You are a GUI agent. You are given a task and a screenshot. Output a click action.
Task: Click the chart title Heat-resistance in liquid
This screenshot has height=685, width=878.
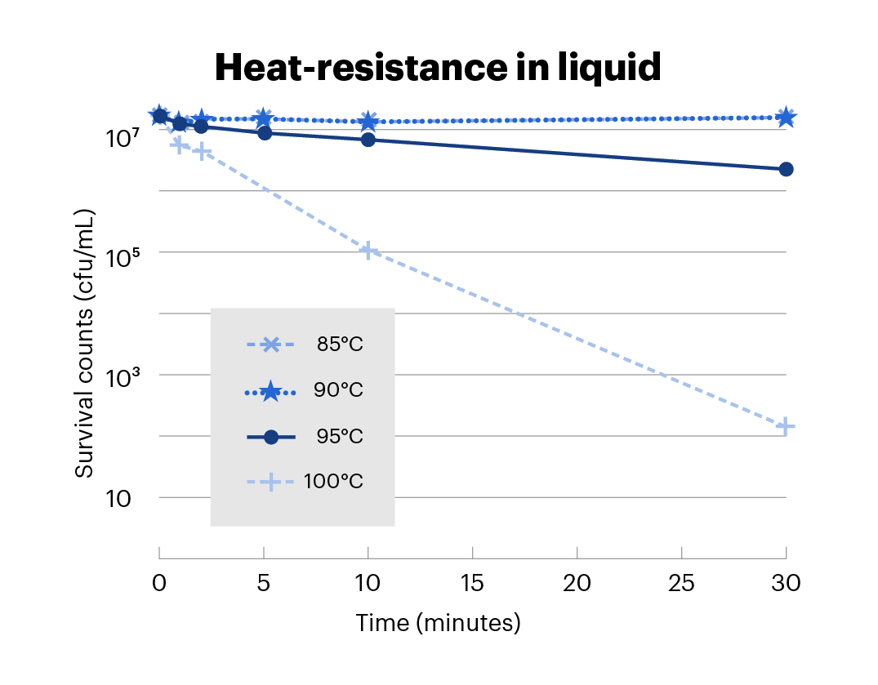click(x=438, y=68)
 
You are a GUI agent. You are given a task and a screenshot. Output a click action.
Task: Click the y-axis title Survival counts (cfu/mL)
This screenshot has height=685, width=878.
click(x=84, y=345)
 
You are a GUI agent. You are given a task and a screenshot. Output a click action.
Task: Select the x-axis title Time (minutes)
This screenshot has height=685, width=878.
click(x=438, y=623)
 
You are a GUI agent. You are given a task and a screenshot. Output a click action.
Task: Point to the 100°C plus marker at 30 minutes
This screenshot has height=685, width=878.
click(x=786, y=426)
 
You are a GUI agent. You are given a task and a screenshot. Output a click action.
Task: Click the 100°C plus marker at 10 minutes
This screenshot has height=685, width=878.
click(x=368, y=251)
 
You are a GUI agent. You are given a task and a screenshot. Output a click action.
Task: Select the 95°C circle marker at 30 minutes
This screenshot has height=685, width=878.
click(x=786, y=169)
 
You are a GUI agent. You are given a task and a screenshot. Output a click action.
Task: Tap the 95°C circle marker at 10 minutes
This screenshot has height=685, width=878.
click(x=368, y=140)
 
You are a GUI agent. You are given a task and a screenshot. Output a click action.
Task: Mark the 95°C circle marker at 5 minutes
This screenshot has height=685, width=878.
click(x=264, y=132)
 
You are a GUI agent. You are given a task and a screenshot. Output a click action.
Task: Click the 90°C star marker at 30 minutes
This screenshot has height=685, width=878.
click(x=786, y=118)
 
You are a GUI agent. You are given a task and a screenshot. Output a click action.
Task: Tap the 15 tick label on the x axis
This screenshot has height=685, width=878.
click(x=473, y=583)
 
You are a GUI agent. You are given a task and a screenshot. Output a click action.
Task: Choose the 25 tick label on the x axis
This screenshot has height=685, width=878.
click(x=681, y=583)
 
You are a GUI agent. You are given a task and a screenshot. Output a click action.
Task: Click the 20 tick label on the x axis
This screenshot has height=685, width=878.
click(x=577, y=583)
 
